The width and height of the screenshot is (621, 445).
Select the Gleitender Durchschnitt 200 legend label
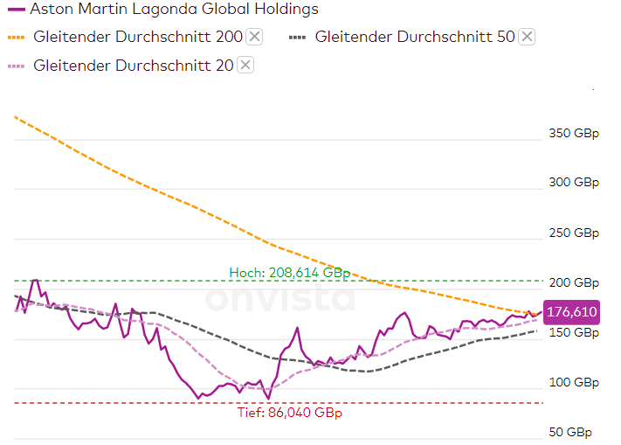coord(138,37)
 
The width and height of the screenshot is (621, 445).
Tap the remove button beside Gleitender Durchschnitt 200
coord(254,36)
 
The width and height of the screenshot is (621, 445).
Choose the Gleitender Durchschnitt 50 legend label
coord(415,37)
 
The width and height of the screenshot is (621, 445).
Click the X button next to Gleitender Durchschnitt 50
coord(527,36)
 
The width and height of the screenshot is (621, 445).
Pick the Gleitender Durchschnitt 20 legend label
coord(134,65)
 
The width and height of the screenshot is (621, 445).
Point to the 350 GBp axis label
coord(574,134)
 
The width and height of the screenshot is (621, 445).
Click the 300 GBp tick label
coord(574,183)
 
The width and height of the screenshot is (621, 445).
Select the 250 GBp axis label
coord(574,233)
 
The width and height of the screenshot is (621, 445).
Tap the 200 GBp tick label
coord(574,282)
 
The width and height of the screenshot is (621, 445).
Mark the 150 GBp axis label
coord(574,333)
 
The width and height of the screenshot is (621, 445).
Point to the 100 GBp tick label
coord(574,383)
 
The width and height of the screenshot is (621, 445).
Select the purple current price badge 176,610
coord(572,311)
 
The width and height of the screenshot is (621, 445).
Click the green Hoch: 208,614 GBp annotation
coord(289,273)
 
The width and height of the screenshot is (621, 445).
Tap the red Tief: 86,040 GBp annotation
coord(289,413)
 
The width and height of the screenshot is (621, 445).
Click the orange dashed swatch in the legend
coord(17,37)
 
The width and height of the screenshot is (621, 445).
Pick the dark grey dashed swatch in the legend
coord(298,37)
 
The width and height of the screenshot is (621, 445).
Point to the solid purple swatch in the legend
coord(17,10)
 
